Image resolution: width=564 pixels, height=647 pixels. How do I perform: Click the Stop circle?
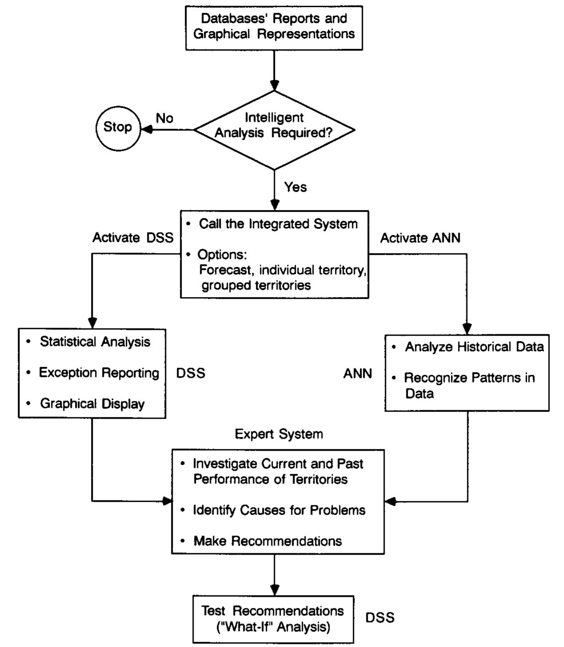[x=118, y=127]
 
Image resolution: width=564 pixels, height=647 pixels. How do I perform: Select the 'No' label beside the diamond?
[x=164, y=118]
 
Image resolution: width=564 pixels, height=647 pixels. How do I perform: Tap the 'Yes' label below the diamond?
[x=295, y=187]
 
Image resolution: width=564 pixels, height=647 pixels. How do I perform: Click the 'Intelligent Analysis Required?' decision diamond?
[x=274, y=130]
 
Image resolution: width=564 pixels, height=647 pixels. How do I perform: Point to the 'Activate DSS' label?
[x=133, y=238]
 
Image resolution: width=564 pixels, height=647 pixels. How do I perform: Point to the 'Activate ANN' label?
[x=420, y=238]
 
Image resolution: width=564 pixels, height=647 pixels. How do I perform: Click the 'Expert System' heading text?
[x=279, y=434]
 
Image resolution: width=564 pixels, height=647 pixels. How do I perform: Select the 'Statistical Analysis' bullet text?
[x=95, y=342]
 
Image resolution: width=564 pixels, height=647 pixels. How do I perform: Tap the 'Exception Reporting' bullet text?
[x=99, y=373]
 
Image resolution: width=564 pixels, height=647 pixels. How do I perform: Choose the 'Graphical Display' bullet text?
[x=92, y=404]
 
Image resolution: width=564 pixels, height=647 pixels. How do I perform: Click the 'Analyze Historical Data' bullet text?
[x=474, y=347]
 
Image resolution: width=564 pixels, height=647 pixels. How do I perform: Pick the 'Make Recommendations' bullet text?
[x=268, y=541]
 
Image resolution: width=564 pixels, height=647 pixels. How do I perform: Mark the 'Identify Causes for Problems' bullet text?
[x=279, y=510]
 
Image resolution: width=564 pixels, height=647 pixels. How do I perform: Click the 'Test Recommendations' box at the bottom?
[x=273, y=619]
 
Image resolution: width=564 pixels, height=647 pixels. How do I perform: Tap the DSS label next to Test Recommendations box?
[x=380, y=618]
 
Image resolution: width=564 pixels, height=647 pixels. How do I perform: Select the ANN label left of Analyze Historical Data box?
[x=357, y=373]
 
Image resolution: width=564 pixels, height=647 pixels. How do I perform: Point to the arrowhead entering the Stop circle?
[x=146, y=130]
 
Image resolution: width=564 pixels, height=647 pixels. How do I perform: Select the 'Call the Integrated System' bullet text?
[x=278, y=224]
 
